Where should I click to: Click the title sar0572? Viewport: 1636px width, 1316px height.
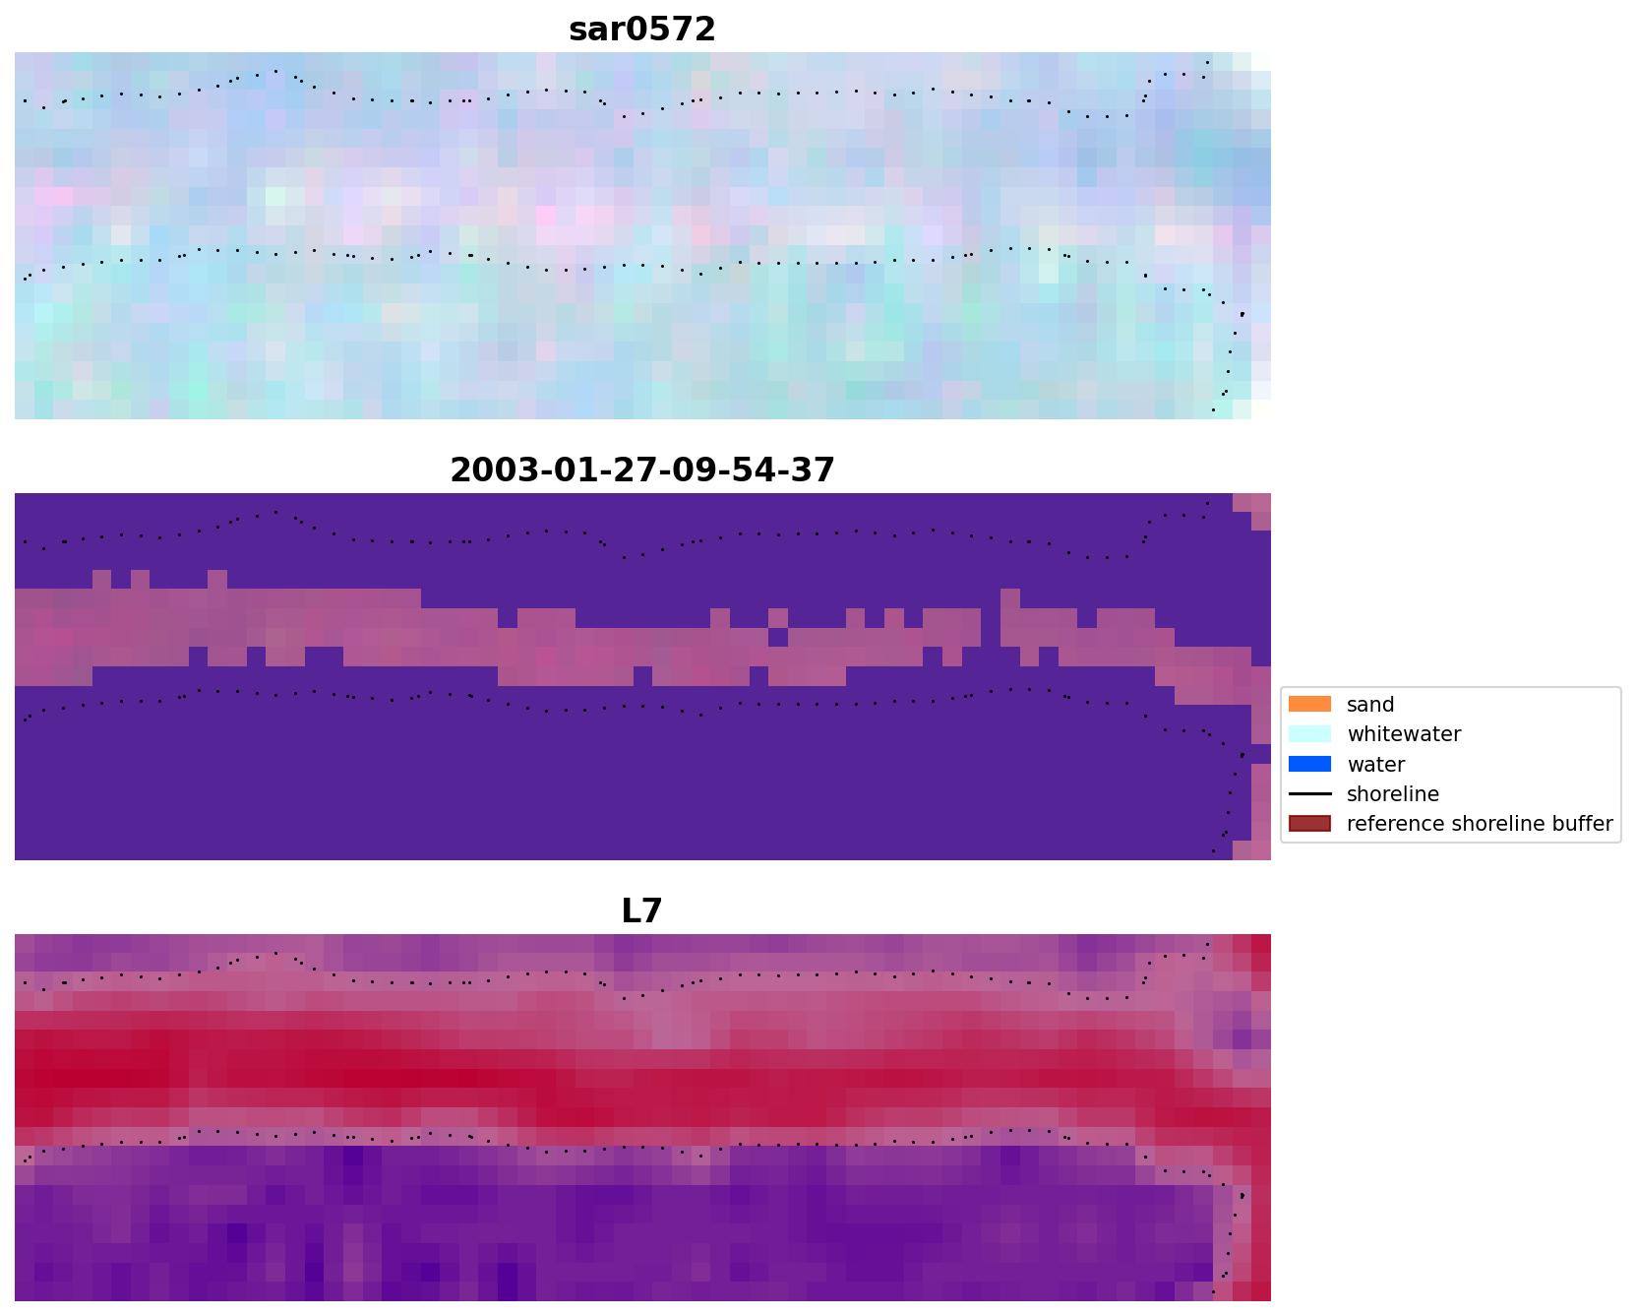[x=641, y=30]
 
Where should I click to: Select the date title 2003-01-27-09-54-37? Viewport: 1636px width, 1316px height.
[x=641, y=470]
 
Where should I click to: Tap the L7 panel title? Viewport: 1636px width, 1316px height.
[x=641, y=911]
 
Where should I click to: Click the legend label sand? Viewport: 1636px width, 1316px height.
[x=1369, y=705]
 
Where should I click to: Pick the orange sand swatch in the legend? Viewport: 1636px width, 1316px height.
[x=1309, y=705]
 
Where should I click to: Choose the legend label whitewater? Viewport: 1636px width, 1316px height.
[x=1403, y=734]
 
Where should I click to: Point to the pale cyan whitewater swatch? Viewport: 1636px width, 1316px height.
[x=1309, y=734]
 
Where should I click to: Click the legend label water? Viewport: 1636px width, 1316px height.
[x=1375, y=765]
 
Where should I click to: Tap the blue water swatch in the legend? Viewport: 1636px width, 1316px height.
[x=1309, y=765]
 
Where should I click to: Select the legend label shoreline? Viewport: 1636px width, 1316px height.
[x=1392, y=794]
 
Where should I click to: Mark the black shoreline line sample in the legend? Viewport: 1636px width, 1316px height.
[x=1309, y=794]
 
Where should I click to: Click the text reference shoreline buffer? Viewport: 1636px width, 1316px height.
[x=1479, y=824]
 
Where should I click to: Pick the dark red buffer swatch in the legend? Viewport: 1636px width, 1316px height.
[x=1309, y=824]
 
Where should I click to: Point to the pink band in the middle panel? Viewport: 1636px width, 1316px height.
[x=295, y=630]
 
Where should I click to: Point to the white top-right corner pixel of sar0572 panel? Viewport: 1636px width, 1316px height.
[x=1261, y=62]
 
